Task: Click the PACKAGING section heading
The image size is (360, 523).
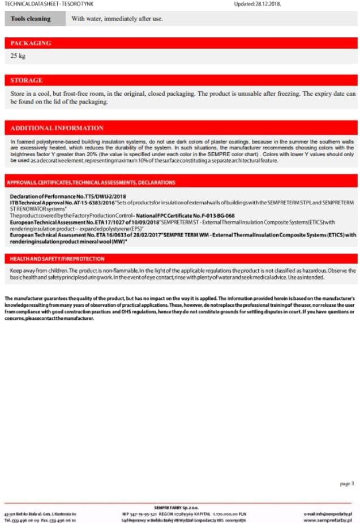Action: [x=31, y=43]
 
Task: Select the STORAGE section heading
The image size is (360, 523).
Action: [x=26, y=80]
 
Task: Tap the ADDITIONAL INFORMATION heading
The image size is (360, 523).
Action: [x=57, y=128]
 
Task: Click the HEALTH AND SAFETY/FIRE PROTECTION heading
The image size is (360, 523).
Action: [x=57, y=259]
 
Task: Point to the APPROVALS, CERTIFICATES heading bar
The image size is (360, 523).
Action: [x=91, y=182]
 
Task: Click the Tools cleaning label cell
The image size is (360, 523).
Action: [x=31, y=19]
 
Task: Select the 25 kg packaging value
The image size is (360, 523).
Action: [x=18, y=56]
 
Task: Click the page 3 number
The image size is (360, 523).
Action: [x=346, y=483]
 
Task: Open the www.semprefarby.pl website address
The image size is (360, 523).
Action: [x=328, y=519]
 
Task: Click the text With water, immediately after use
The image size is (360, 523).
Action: [x=117, y=19]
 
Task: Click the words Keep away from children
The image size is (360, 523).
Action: [x=36, y=271]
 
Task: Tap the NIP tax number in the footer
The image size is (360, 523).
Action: [x=141, y=513]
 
